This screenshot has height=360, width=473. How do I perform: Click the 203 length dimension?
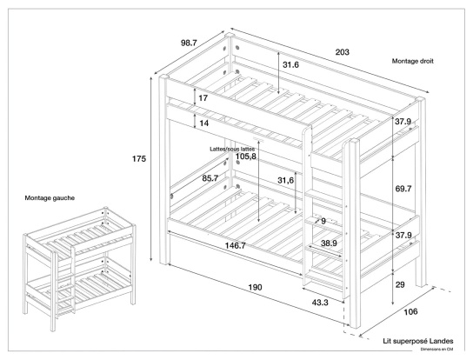tap(343, 53)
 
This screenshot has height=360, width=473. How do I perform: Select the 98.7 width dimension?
tap(190, 43)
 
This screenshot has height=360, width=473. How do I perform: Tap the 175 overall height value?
tap(139, 159)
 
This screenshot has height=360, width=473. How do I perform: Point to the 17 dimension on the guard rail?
tap(203, 98)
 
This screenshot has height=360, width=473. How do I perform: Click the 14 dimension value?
tap(203, 123)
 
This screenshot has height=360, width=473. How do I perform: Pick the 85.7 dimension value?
tap(210, 178)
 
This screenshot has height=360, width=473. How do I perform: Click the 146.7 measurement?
tap(231, 246)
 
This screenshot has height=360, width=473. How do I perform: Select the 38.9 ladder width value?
tap(329, 244)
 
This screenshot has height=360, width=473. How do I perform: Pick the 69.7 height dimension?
tap(403, 188)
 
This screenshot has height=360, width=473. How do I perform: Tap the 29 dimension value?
tap(401, 285)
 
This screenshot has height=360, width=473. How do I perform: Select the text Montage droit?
tap(413, 62)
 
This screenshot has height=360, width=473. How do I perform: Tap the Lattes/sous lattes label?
tap(232, 149)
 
